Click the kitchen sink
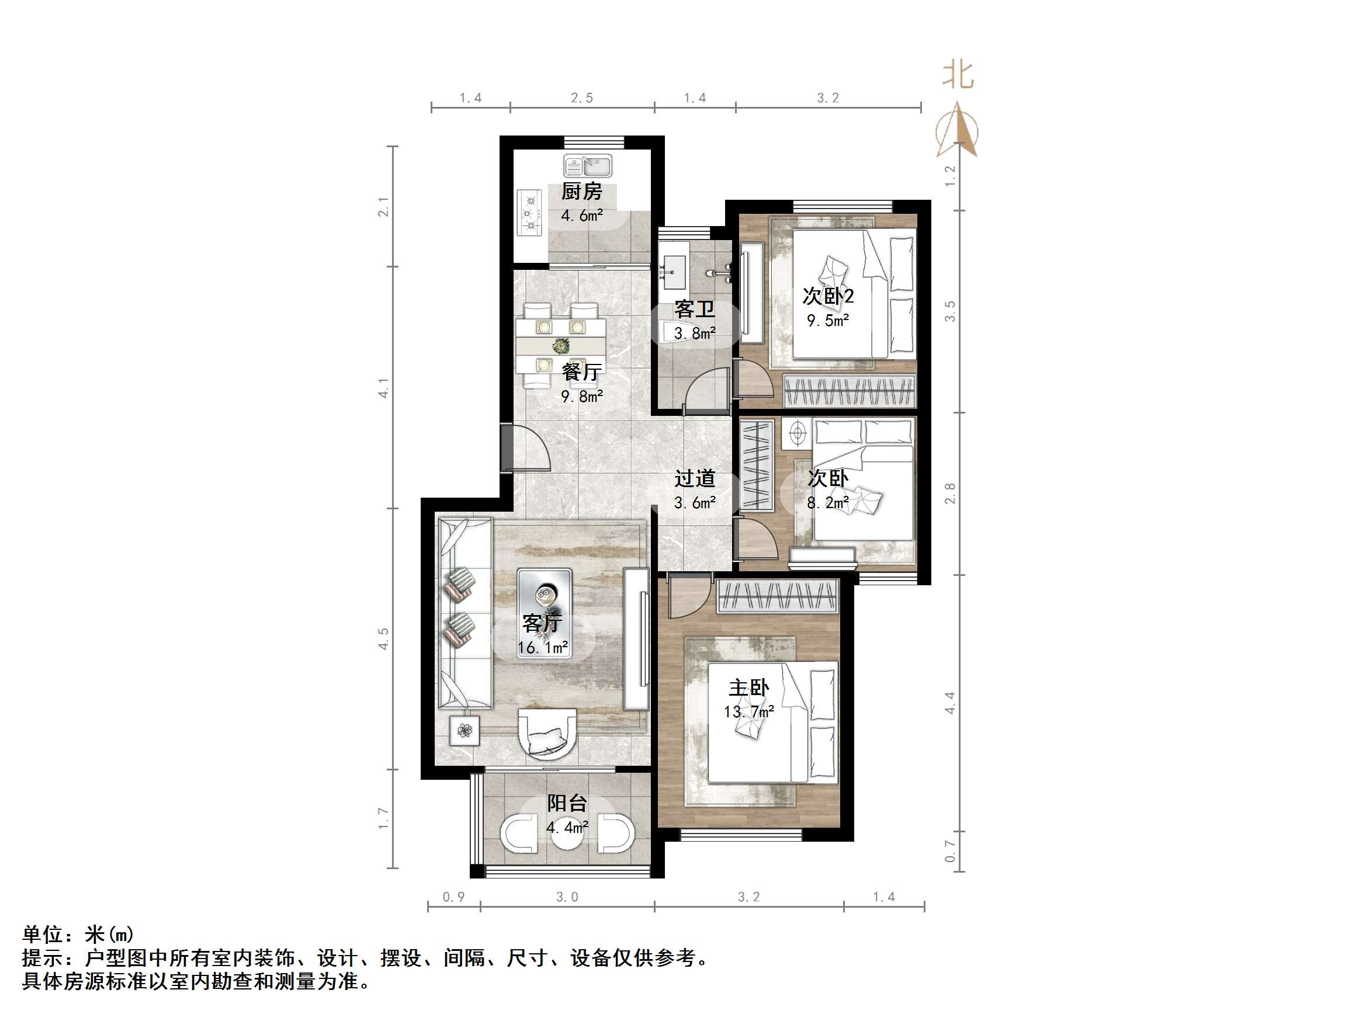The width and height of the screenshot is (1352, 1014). coord(587,166)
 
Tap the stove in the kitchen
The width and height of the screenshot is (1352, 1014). coord(529,213)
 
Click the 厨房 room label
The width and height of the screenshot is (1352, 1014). coord(581,192)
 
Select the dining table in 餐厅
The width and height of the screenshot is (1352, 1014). coord(560,346)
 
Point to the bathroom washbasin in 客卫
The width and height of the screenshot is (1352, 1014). coord(674,273)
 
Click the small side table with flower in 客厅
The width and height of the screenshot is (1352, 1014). coord(464,730)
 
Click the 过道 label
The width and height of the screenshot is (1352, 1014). coord(694,478)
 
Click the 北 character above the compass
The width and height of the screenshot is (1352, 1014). coord(958,75)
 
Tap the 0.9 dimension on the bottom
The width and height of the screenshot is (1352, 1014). coord(453,897)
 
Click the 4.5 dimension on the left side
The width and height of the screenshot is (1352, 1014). coord(383,639)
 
